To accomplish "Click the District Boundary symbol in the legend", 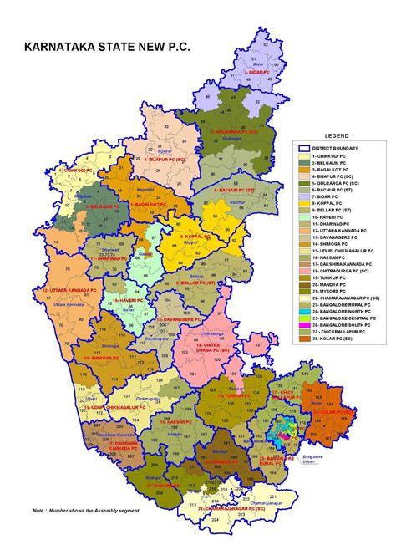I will tap(307, 148).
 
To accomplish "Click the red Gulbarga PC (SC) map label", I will tap(234, 132).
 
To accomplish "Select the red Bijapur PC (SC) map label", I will tap(165, 157).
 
